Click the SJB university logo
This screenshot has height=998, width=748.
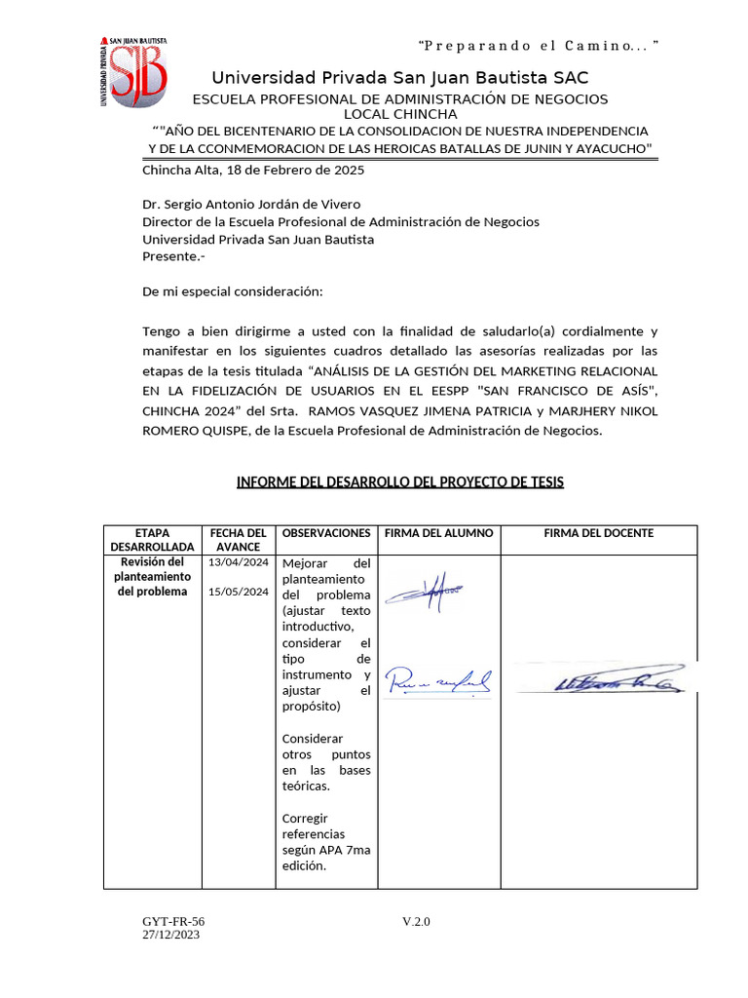134,71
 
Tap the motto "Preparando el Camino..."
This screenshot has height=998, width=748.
538,46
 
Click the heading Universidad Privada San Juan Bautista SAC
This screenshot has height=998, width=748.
399,78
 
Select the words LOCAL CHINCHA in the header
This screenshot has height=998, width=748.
399,114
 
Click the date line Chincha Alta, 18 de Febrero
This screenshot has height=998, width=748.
253,170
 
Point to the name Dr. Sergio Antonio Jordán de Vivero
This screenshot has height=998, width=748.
251,205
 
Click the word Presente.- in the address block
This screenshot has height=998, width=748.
174,256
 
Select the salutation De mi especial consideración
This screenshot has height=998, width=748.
232,291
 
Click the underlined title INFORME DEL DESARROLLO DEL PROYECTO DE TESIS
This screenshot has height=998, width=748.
399,482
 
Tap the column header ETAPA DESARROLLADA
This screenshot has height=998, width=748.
153,540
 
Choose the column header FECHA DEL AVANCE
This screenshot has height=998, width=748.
239,540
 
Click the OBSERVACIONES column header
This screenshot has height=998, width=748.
326,533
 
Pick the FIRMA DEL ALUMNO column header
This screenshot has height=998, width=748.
439,533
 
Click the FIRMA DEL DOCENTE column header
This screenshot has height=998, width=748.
599,533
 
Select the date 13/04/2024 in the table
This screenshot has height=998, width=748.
239,563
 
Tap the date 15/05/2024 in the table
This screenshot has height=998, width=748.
239,592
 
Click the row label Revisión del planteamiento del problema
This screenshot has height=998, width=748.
153,577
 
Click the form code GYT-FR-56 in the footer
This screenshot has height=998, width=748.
173,922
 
